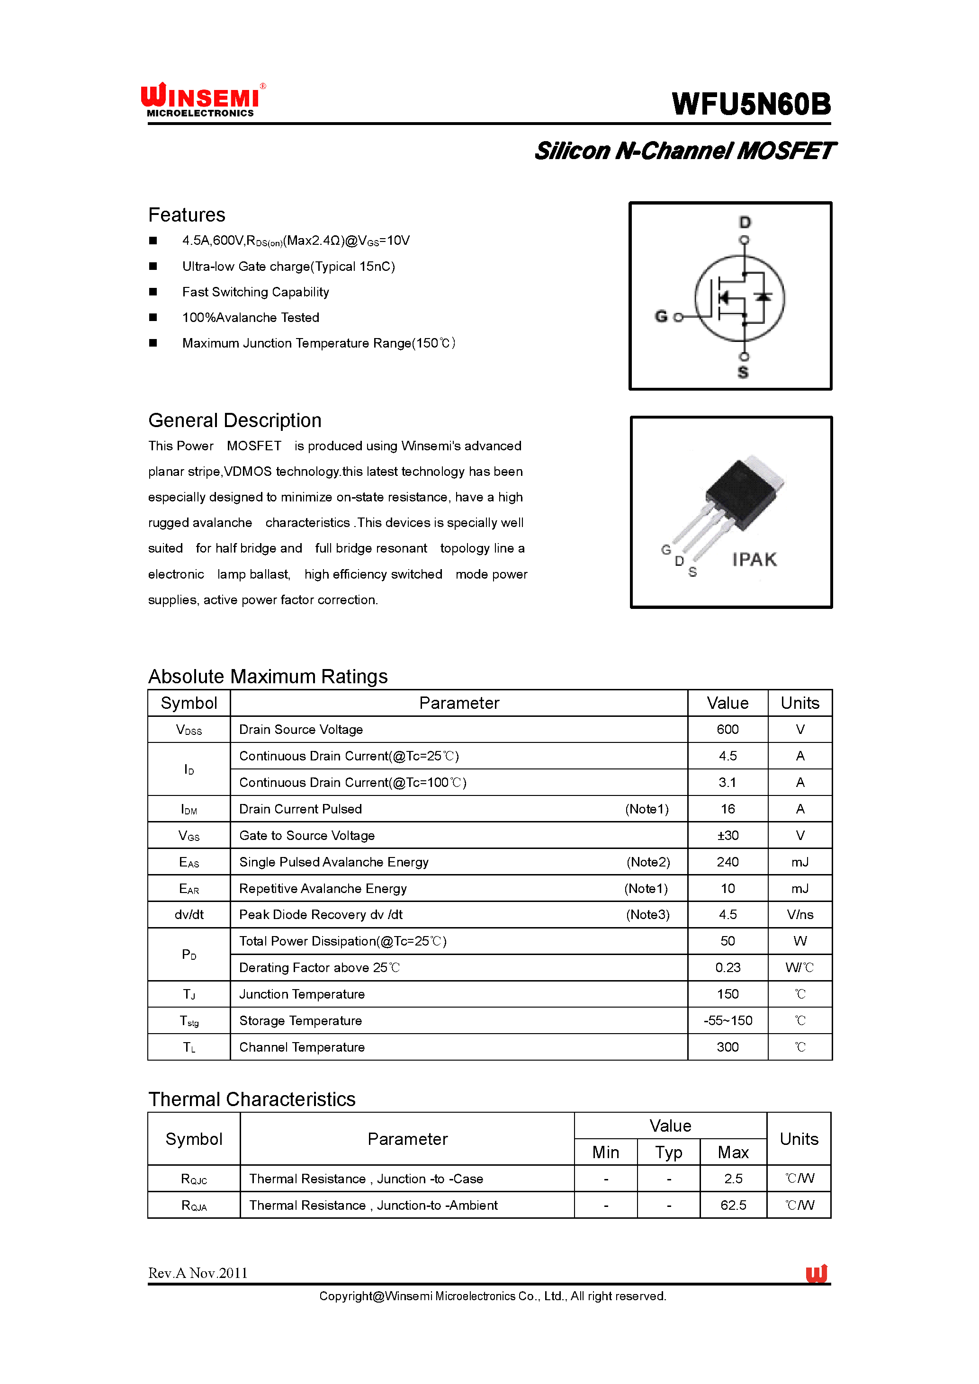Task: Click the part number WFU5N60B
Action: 751,104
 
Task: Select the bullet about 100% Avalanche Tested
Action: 250,317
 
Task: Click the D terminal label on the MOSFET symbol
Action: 745,223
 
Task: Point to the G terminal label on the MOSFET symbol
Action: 661,316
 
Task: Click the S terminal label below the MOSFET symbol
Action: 743,373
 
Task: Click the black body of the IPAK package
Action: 739,494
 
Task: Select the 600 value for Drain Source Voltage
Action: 728,729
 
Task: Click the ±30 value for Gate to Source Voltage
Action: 728,835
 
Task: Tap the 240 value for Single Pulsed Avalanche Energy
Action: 728,862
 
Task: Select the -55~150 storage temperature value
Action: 728,1020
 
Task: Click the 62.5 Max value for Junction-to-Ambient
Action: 733,1205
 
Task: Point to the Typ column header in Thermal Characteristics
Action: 669,1152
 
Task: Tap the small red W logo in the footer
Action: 816,1273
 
